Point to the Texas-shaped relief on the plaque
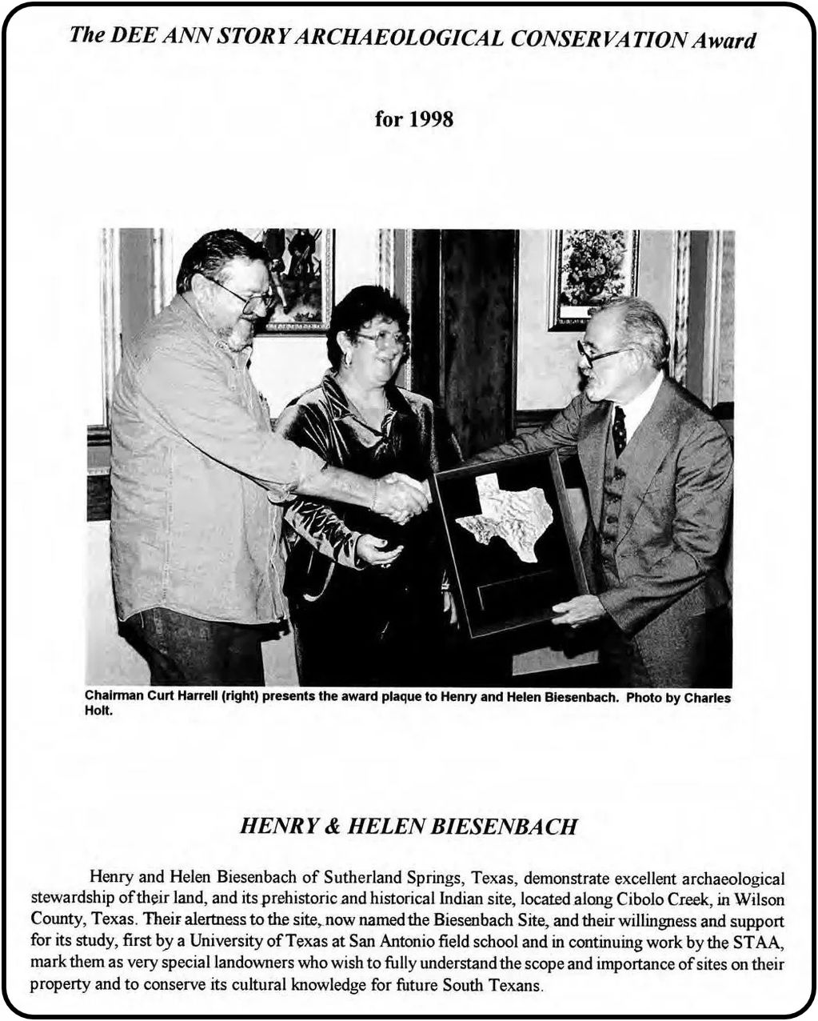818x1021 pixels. [506, 515]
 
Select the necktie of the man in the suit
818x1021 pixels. [619, 430]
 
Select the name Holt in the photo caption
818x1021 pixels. [99, 710]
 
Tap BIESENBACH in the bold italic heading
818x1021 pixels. [503, 827]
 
